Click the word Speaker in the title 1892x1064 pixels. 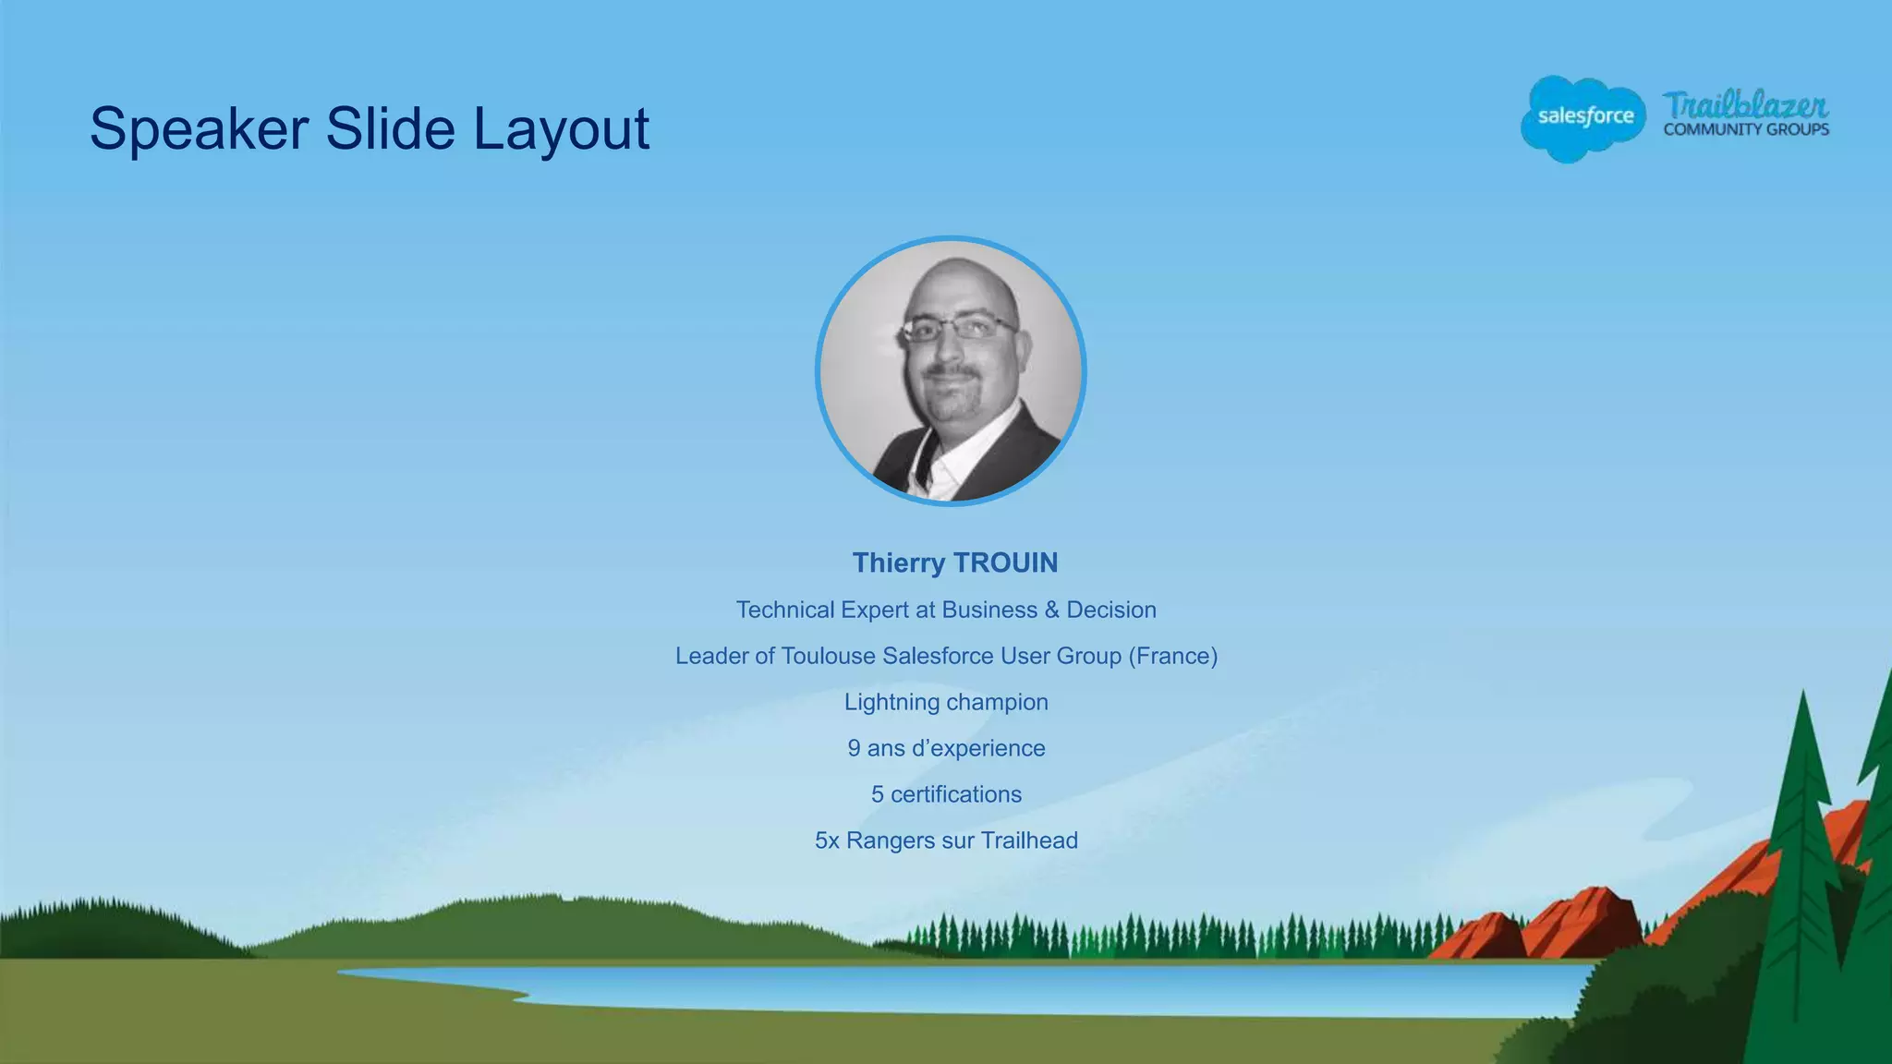click(199, 129)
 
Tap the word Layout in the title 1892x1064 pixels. click(561, 129)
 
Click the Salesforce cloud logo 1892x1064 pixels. click(1583, 117)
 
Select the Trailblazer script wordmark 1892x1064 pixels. click(1745, 105)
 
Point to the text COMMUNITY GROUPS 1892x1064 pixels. click(1746, 130)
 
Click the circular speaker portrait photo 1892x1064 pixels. click(951, 371)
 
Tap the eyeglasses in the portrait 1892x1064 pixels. click(958, 328)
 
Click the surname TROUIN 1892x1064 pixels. click(1005, 562)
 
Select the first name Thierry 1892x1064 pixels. click(898, 562)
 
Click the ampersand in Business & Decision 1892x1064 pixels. click(1051, 610)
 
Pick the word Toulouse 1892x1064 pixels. click(828, 656)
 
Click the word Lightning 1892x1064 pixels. click(891, 702)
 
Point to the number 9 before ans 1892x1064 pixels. click(855, 748)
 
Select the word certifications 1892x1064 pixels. click(956, 794)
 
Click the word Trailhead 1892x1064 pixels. click(1029, 840)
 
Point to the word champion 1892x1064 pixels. click(997, 702)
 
